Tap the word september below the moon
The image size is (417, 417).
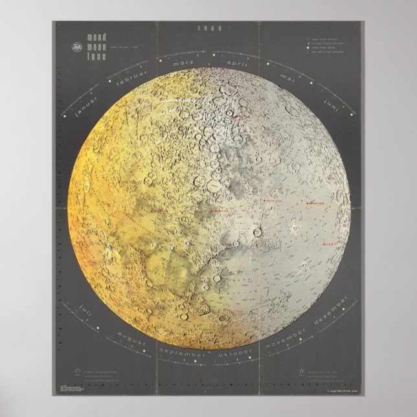pos(183,355)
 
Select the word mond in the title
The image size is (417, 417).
pos(88,39)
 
